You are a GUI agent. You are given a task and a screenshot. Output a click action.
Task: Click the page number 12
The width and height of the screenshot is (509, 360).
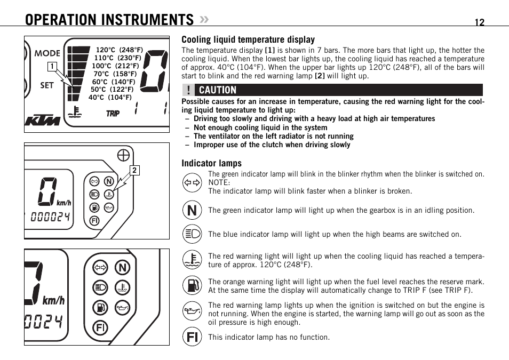(479, 22)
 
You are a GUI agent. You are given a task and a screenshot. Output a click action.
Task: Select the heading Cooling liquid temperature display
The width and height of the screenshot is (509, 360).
(248, 39)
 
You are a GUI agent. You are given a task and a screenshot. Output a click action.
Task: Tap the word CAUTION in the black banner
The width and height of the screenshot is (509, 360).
(218, 90)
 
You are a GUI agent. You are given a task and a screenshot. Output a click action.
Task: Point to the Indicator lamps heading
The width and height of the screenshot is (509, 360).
(211, 163)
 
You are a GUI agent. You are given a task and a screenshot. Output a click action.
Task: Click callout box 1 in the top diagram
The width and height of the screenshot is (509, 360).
(52, 67)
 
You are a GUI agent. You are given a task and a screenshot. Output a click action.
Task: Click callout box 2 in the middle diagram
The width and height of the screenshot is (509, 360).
(134, 171)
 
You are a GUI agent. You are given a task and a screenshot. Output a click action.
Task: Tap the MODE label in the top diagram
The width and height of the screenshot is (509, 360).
(47, 53)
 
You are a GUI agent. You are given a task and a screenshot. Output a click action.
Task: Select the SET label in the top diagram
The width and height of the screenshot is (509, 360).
(47, 85)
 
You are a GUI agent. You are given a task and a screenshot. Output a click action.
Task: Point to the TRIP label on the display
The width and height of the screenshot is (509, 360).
(113, 114)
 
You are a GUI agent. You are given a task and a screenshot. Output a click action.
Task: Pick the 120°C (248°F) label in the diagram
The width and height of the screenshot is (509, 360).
(120, 50)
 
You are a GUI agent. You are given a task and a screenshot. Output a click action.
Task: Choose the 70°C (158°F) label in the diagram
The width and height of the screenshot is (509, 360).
(115, 74)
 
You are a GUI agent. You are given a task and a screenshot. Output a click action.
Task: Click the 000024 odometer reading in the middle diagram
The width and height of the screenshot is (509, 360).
(50, 217)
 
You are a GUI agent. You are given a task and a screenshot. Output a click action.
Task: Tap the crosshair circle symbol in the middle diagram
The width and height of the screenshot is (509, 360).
(123, 155)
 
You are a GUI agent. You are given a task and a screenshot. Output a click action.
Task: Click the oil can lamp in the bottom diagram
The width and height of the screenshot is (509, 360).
(123, 307)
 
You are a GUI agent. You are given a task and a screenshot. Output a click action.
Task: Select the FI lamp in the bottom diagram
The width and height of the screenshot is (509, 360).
(100, 327)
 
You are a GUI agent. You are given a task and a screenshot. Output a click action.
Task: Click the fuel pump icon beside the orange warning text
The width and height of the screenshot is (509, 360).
(192, 285)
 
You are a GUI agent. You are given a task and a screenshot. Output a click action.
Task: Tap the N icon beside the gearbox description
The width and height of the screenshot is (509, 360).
(192, 210)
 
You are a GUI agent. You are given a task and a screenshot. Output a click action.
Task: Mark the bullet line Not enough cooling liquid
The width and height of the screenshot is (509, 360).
(260, 127)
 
